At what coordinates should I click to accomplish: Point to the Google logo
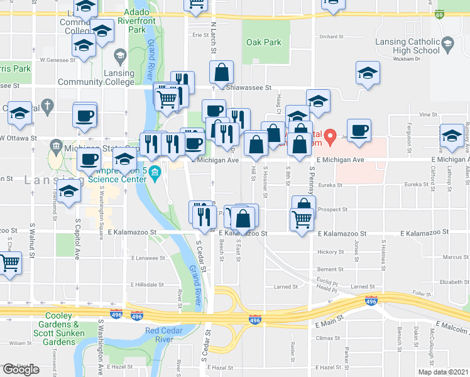point(21,369)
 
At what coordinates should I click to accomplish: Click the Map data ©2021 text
point(443,371)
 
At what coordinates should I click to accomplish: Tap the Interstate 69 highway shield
point(440,13)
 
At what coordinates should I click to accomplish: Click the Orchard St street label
point(332,36)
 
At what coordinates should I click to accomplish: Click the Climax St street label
point(327,338)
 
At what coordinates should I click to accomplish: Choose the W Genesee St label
point(57,60)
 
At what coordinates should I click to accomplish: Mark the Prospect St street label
point(333,209)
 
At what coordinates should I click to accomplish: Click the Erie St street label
point(200,35)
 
